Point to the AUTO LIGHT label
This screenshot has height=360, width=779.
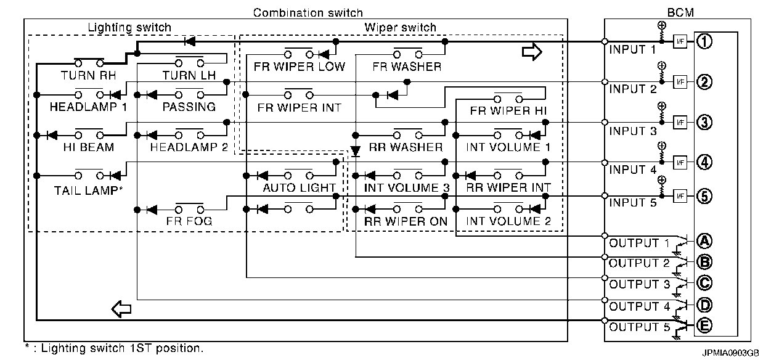coord(299,187)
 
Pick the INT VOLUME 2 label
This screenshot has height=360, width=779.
coord(508,221)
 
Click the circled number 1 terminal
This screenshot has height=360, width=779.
coord(704,42)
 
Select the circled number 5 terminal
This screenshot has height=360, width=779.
coord(704,197)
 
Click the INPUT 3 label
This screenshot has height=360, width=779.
coord(633,131)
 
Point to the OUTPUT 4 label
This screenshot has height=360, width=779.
coord(639,306)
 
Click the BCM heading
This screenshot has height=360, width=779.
coord(677,12)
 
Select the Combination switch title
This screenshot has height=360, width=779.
coord(308,12)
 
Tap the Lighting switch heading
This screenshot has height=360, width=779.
coord(129,28)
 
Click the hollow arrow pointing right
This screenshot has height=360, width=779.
coord(531,52)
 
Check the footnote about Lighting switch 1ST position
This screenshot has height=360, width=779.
coord(114,348)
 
